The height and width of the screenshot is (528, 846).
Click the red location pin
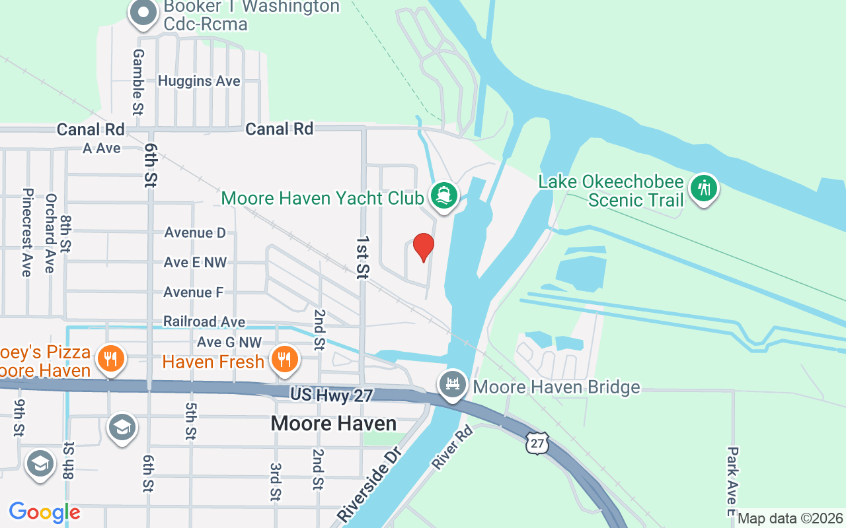[423, 247]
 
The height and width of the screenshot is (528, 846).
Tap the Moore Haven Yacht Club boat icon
[443, 195]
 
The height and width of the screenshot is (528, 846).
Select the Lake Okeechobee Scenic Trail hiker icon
[703, 189]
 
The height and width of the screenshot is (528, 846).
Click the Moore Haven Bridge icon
[453, 383]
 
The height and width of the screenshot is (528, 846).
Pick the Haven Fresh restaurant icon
[284, 360]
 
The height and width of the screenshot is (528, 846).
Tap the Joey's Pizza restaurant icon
[110, 360]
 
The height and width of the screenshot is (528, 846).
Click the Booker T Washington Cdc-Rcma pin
[143, 13]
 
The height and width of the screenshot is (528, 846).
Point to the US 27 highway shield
[537, 443]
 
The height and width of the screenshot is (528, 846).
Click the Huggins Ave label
[199, 81]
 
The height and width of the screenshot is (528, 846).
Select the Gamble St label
[137, 82]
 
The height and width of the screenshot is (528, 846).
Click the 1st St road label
[362, 257]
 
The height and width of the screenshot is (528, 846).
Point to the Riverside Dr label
[360, 485]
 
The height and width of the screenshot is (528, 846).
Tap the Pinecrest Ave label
[27, 232]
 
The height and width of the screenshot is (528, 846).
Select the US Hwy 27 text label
[331, 395]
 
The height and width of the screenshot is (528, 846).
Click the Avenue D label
[195, 232]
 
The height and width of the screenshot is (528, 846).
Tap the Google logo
[44, 512]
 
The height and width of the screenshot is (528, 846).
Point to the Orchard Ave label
[50, 233]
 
